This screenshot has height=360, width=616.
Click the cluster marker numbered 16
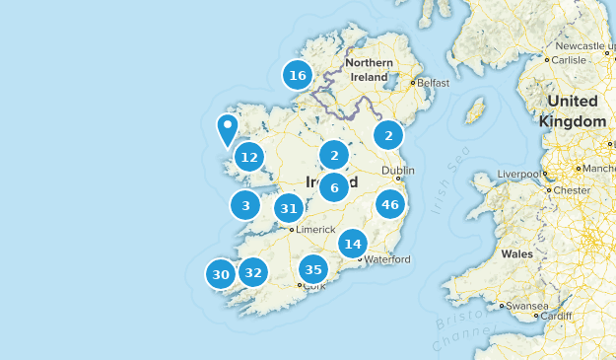(x=298, y=75)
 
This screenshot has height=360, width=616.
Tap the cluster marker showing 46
(x=390, y=205)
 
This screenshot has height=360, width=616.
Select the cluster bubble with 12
(x=249, y=157)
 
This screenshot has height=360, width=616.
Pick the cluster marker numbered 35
(x=313, y=269)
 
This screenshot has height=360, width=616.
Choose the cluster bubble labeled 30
(x=221, y=275)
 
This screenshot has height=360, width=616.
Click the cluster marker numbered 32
(x=253, y=273)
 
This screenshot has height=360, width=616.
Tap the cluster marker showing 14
(x=353, y=244)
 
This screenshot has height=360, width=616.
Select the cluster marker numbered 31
(x=289, y=208)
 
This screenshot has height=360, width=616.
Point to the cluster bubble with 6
(x=335, y=187)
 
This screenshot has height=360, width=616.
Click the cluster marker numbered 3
(x=245, y=206)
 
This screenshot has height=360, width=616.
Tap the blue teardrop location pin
(x=227, y=128)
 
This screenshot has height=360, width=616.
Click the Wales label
(x=516, y=253)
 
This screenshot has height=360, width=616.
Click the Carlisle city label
(x=572, y=58)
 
